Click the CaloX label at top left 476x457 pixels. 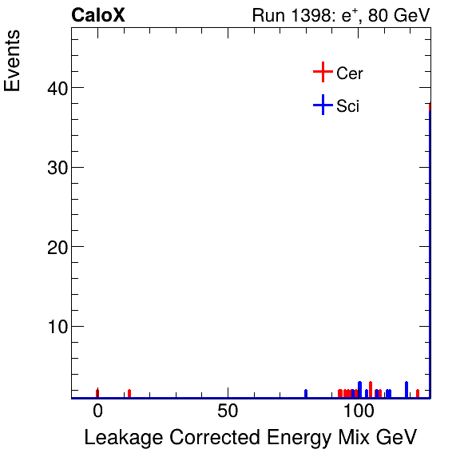click(x=98, y=15)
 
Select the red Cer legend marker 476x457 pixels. click(x=322, y=73)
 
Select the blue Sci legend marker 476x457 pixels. click(x=322, y=105)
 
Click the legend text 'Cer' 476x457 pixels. click(x=350, y=74)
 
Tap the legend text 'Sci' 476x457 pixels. click(x=348, y=105)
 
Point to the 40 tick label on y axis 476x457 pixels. click(x=50, y=87)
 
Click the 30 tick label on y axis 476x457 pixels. click(x=50, y=167)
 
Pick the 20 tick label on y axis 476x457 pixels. click(x=50, y=246)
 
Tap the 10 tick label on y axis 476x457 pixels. click(x=50, y=326)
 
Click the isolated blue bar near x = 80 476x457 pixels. click(x=306, y=393)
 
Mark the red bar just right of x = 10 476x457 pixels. click(x=129, y=393)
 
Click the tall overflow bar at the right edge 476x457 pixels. click(x=430, y=248)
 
